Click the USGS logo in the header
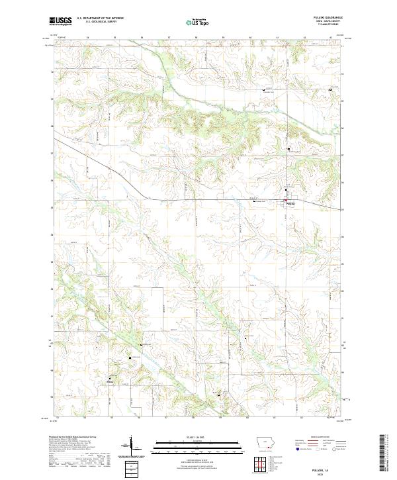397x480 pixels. click(60, 21)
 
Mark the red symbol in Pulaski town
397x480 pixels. click(285, 201)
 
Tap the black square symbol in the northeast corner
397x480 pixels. click(330, 91)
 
